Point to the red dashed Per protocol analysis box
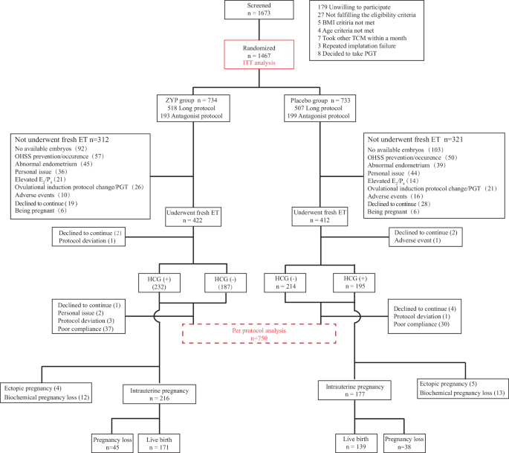[x=260, y=334]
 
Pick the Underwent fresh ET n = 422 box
[x=194, y=216]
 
